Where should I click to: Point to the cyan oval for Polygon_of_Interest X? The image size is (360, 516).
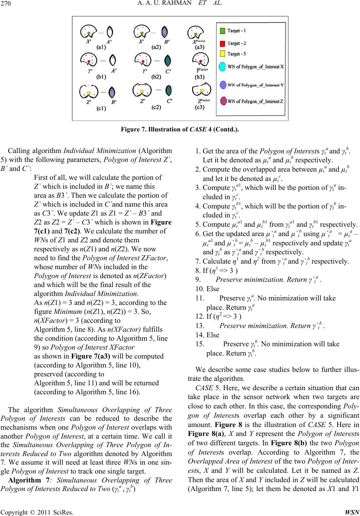click(x=222, y=67)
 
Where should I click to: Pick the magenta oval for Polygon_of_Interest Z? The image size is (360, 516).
click(x=222, y=101)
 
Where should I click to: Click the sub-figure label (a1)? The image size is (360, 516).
click(x=101, y=47)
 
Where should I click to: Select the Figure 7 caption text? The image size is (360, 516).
click(x=180, y=130)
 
